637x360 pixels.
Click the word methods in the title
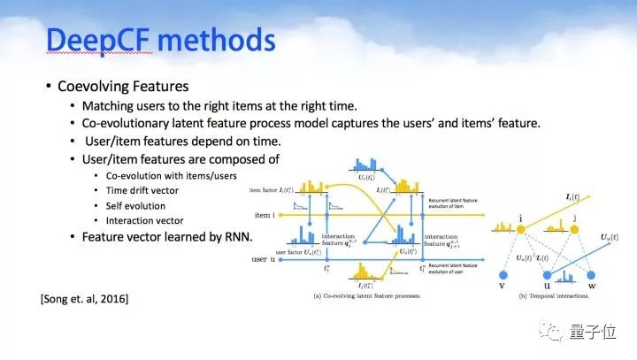coord(218,42)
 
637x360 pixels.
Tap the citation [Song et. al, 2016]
coord(84,299)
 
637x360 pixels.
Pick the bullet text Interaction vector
coord(144,220)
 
